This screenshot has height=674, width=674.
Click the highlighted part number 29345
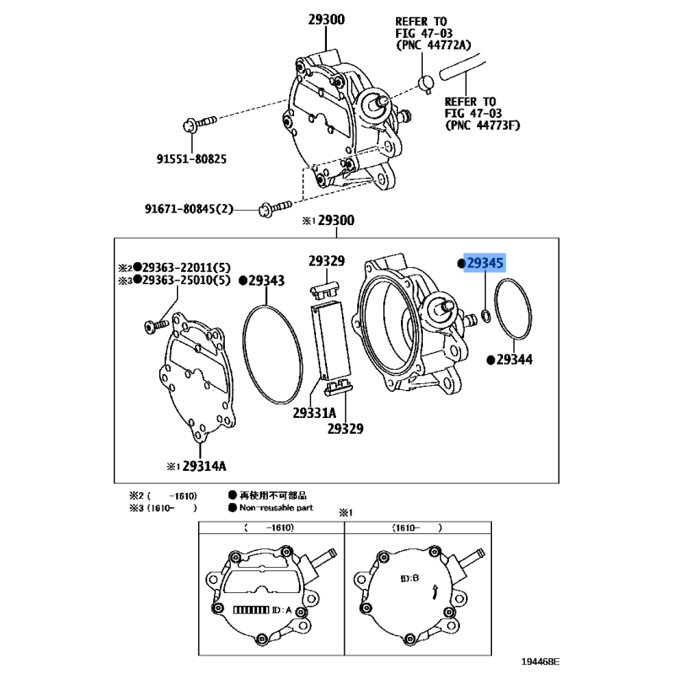coord(485,263)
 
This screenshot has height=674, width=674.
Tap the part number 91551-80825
coord(191,159)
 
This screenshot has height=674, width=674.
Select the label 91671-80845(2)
coord(189,209)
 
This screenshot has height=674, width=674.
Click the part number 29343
coord(266,281)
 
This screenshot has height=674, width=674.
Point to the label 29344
coord(515,360)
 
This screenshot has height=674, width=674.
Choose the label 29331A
coord(314,413)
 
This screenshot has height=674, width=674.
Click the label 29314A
coord(204,466)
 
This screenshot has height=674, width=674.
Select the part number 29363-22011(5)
coord(186,267)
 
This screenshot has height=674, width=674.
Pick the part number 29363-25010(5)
coord(186,280)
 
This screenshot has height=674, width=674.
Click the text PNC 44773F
coord(483,125)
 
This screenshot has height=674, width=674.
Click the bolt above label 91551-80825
coord(200,122)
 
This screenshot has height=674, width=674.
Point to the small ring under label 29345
coord(486,317)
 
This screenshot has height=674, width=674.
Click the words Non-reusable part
coord(276,508)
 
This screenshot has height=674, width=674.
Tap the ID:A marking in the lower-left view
coord(282,610)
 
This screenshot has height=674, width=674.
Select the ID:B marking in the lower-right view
coord(409,578)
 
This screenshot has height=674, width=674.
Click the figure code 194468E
coord(540,661)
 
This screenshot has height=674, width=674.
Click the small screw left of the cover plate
coord(156,325)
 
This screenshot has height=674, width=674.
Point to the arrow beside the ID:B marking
coord(436,591)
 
